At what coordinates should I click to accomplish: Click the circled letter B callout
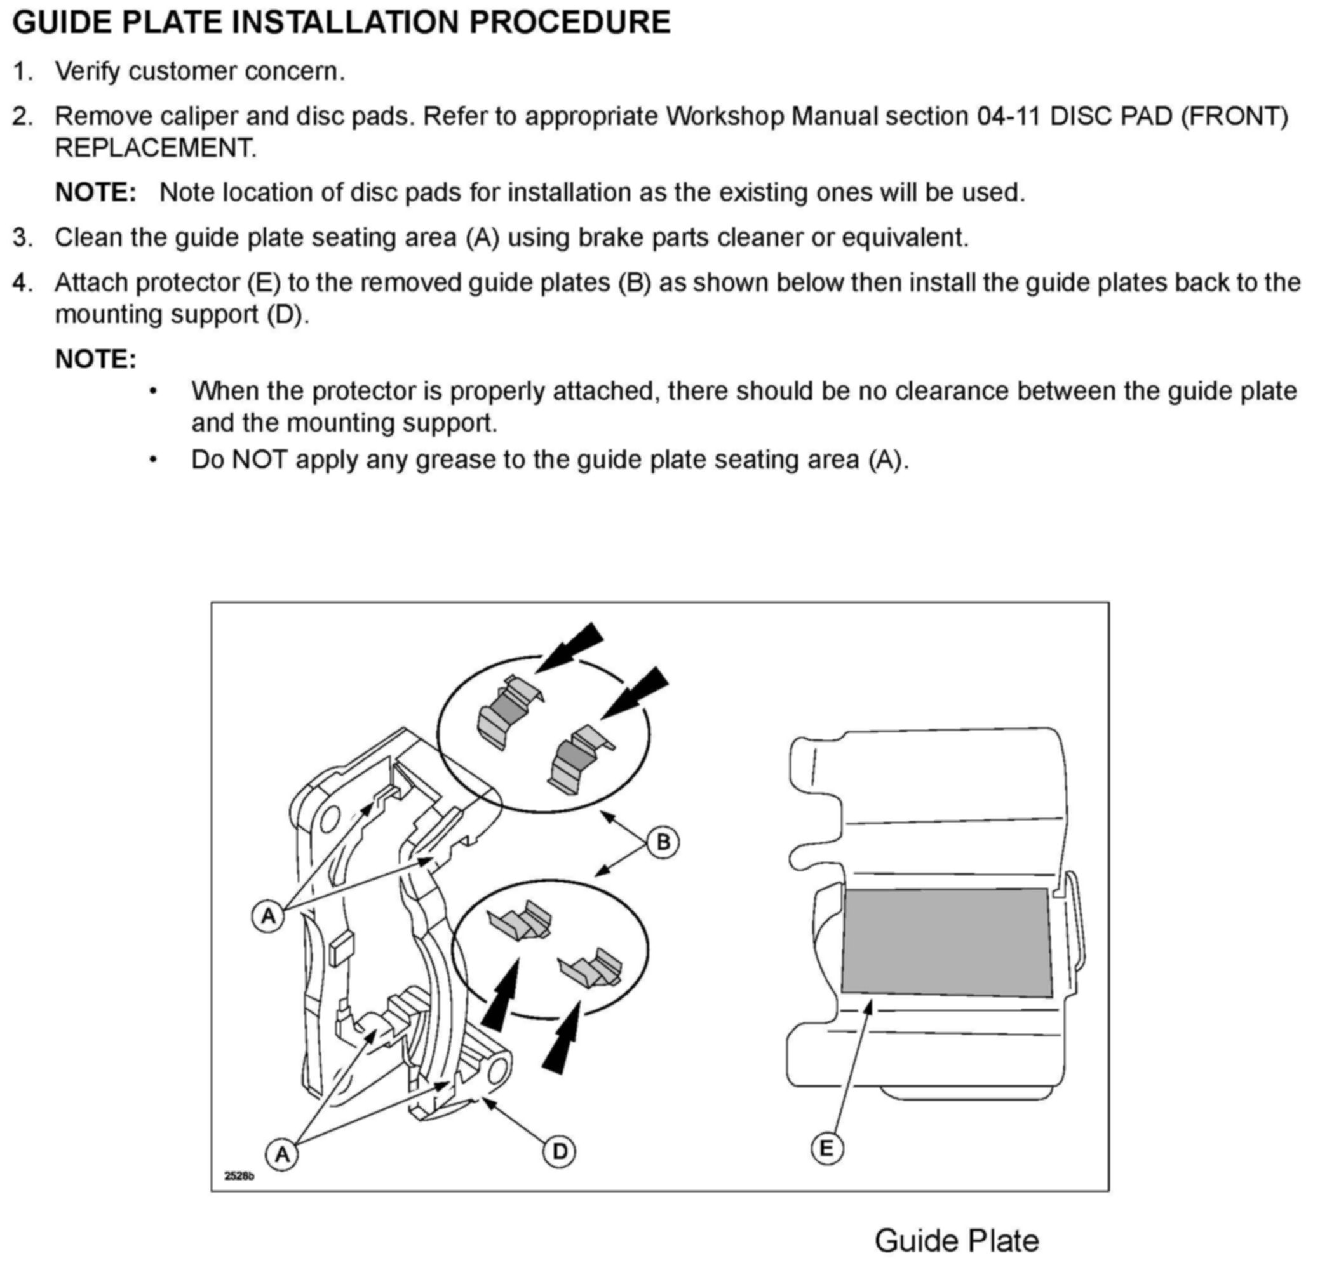pyautogui.click(x=663, y=842)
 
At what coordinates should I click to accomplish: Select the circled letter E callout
pyautogui.click(x=826, y=1148)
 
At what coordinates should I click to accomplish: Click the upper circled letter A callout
pyautogui.click(x=269, y=915)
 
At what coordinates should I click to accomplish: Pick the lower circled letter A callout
pyautogui.click(x=282, y=1154)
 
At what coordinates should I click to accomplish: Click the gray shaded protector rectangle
pyautogui.click(x=946, y=943)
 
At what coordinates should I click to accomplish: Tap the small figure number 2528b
pyautogui.click(x=239, y=1176)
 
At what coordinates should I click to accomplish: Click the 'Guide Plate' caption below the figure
pyautogui.click(x=956, y=1240)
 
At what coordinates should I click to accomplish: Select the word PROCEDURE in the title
pyautogui.click(x=569, y=22)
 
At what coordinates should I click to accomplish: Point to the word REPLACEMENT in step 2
pyautogui.click(x=154, y=147)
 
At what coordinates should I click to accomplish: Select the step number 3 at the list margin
pyautogui.click(x=22, y=237)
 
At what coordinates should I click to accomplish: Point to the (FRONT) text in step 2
pyautogui.click(x=1234, y=116)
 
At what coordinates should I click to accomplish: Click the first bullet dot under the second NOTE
pyautogui.click(x=154, y=392)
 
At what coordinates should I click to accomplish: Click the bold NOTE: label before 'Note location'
pyautogui.click(x=95, y=192)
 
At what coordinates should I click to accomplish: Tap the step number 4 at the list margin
pyautogui.click(x=22, y=283)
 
